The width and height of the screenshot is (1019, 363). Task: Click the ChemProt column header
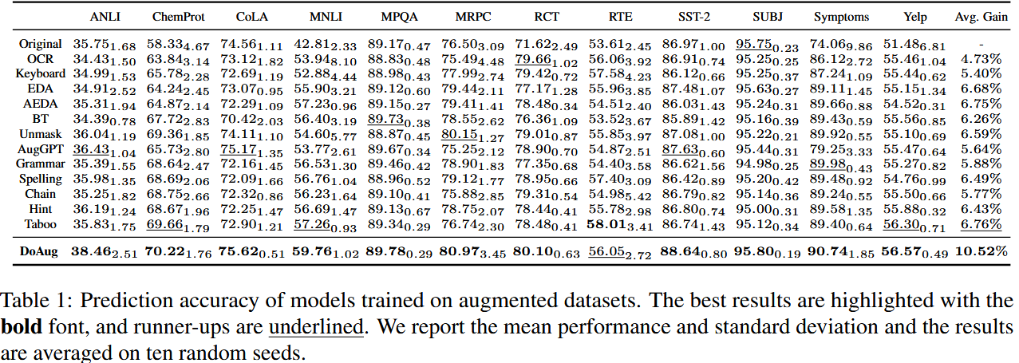tap(175, 17)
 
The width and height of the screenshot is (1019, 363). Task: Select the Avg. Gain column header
tap(981, 17)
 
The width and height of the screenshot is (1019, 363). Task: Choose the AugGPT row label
tap(38, 149)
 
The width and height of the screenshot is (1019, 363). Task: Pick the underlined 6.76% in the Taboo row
tap(981, 225)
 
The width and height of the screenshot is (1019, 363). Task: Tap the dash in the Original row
tap(981, 44)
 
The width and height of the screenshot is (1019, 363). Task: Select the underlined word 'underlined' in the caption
tap(316, 326)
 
